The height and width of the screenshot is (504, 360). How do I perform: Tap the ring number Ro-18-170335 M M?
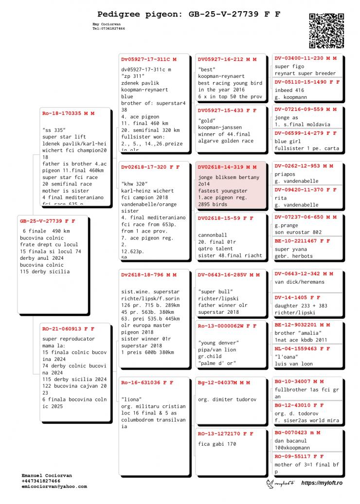point(68,113)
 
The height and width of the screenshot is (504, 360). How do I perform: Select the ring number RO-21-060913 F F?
point(68,329)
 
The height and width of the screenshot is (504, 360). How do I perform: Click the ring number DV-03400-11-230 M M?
point(305,58)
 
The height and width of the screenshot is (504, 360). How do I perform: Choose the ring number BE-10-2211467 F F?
point(302,241)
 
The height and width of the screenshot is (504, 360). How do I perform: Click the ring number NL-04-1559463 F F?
point(302,349)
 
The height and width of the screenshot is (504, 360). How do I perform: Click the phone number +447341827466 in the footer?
point(41,481)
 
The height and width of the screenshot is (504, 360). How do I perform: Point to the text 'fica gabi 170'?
point(217,444)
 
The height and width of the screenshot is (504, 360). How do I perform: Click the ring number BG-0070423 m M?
point(297,432)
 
